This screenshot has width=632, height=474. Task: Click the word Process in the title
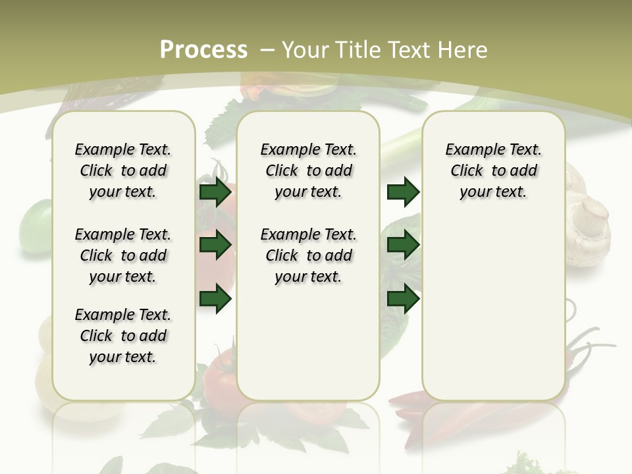(203, 49)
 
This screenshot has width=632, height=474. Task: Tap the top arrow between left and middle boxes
(215, 192)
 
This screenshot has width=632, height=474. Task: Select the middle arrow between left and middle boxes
(215, 246)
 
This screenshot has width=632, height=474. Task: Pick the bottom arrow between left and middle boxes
(215, 300)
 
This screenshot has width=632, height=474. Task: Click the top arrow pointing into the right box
(404, 192)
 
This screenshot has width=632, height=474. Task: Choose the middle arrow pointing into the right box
(404, 246)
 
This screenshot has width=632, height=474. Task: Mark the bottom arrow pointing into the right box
(404, 300)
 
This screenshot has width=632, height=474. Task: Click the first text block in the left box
(123, 171)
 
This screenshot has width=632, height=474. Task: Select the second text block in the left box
(123, 255)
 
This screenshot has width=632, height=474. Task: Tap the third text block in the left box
(123, 336)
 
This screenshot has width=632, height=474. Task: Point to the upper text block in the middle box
(308, 171)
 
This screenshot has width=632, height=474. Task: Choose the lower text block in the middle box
(308, 255)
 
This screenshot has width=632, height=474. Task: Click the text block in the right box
(493, 171)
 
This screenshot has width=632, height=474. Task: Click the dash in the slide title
(268, 50)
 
